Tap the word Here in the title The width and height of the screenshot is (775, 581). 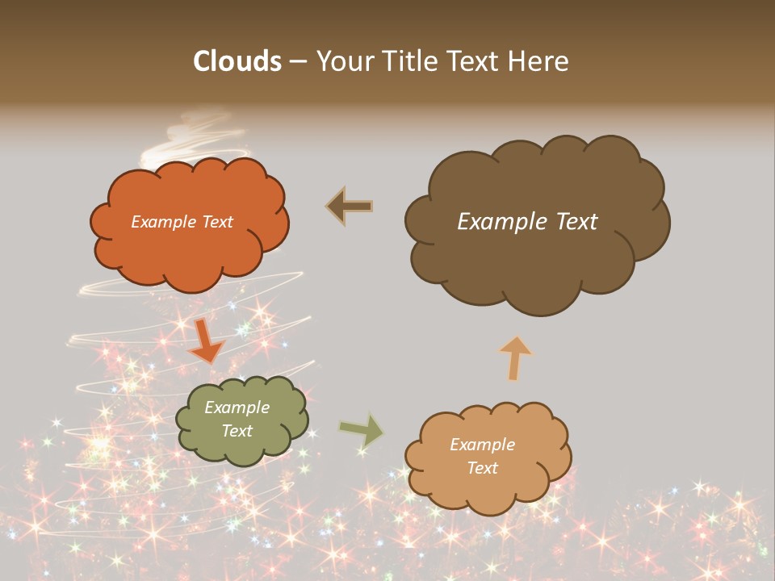[538, 61]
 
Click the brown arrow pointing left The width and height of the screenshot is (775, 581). [350, 207]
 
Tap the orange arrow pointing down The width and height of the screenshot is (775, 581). [206, 340]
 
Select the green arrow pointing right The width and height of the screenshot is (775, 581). [362, 430]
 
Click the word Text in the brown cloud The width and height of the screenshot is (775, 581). [575, 222]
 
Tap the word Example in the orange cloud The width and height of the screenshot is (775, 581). [164, 222]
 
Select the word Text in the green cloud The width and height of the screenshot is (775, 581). [237, 431]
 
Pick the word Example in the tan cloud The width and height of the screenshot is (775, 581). [482, 445]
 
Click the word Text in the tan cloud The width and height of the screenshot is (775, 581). [482, 468]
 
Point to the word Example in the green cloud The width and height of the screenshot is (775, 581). [237, 408]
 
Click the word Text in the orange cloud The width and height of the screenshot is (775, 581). [216, 222]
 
